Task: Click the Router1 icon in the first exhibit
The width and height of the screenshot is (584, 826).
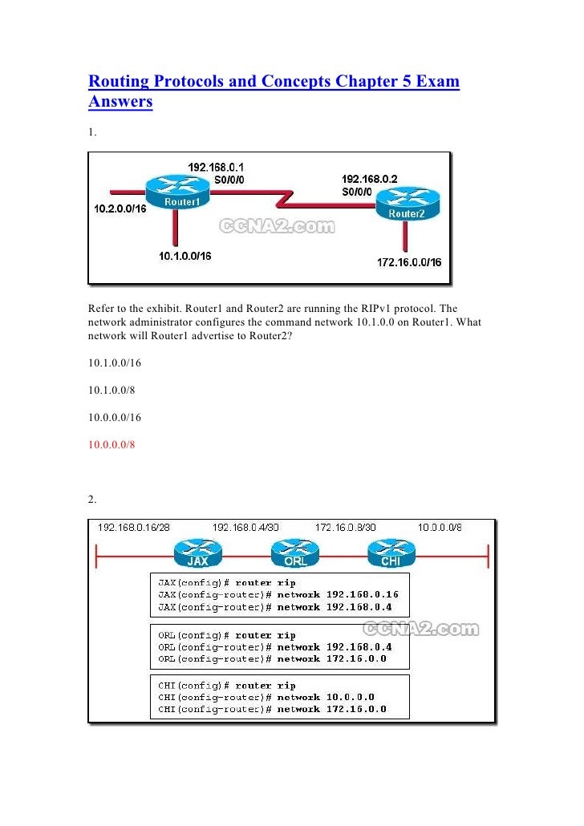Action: pos(181,193)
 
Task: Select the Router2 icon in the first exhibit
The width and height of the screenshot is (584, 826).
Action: pos(408,204)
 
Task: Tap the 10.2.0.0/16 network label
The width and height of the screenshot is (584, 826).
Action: pos(118,209)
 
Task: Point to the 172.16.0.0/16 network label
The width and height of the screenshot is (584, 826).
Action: pos(409,262)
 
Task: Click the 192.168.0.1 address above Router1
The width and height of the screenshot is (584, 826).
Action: pos(215,166)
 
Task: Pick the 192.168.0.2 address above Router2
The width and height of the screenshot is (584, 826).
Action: pos(369,178)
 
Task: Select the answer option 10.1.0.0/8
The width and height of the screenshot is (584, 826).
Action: pos(112,390)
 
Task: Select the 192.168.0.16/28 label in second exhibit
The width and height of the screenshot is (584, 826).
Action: pos(135,527)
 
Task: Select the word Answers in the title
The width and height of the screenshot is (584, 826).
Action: pos(120,103)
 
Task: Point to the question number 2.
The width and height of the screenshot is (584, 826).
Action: pos(92,500)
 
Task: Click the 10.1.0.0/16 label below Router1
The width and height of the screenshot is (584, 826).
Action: pos(185,256)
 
